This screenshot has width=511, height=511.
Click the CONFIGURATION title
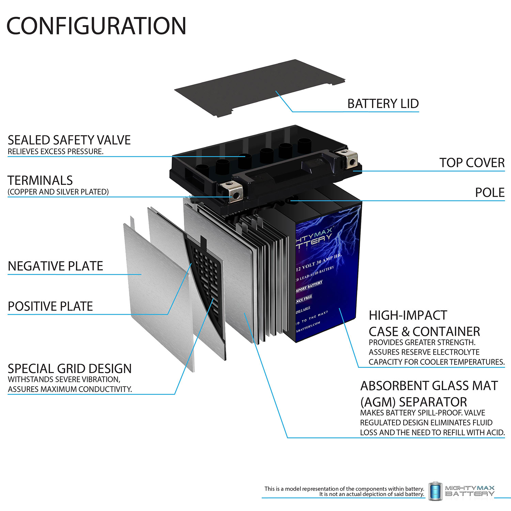(x=96, y=26)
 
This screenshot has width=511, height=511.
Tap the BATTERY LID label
(x=383, y=104)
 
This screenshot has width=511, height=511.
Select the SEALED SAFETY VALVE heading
(x=69, y=140)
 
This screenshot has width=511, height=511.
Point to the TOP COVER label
(x=472, y=163)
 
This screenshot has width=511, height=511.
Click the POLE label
(x=490, y=192)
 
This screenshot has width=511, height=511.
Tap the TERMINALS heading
(x=40, y=180)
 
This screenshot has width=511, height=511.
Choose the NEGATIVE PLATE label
(x=55, y=266)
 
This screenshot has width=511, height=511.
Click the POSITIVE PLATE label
(x=50, y=306)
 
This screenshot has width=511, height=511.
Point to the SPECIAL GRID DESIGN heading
(x=69, y=369)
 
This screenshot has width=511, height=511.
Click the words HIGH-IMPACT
(x=408, y=315)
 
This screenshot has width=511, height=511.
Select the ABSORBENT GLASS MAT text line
(x=429, y=386)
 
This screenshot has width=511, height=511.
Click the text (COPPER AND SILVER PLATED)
(x=58, y=192)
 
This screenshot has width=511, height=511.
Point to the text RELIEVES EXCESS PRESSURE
(x=56, y=152)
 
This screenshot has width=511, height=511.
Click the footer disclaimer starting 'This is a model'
(x=344, y=489)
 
